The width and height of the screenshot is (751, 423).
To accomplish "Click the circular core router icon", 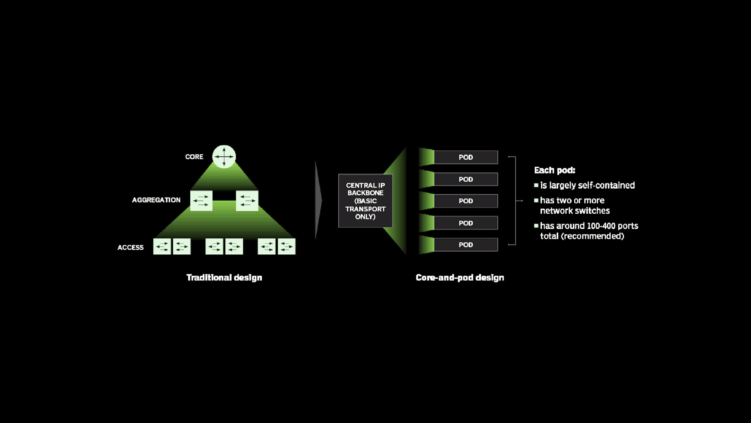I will coord(224,157).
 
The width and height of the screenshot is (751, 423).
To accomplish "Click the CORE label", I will coord(194,157).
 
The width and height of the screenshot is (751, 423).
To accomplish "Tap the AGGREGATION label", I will coord(156,200).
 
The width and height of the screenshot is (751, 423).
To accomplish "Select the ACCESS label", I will coord(131,247).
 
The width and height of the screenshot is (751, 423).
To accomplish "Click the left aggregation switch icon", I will coord(201,201).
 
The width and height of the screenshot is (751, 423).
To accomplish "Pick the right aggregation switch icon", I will coord(247,201).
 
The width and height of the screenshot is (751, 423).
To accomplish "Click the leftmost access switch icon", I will coord(162,247).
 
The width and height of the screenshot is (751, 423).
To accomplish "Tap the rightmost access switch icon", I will coord(287,247).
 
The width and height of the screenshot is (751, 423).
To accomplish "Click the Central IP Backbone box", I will coord(365,201).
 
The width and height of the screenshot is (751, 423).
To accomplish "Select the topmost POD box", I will coord(466,157).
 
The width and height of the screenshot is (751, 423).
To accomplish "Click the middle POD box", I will coord(466,201).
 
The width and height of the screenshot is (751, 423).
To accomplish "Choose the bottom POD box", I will coord(466,245).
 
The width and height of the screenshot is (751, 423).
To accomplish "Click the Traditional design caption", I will coord(224,278).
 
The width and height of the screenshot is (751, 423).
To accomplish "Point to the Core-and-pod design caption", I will coord(460,278).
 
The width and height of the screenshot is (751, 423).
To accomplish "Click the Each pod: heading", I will coord(554,170).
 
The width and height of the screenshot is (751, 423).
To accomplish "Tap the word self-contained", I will coord(613,185).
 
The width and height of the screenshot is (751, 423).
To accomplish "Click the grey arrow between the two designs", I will coord(318,200).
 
